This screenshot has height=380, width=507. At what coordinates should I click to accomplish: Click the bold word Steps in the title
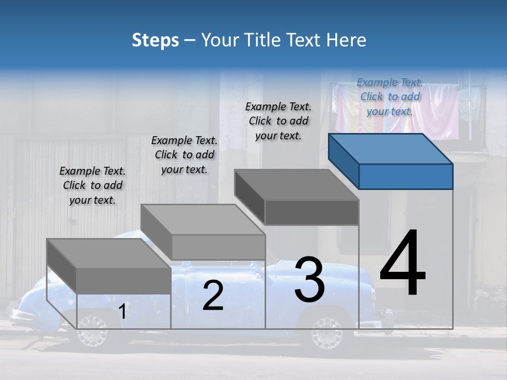pos(155,40)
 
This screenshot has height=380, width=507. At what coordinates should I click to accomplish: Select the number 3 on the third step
pos(309,280)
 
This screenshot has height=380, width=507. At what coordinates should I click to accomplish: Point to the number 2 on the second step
pos(213,296)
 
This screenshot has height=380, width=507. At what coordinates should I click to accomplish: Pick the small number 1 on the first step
pos(123,311)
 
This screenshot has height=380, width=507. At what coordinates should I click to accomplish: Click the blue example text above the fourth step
pos(390,97)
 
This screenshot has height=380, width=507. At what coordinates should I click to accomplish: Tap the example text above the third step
pos(278,121)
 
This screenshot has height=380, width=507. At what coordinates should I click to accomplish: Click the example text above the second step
pos(184,155)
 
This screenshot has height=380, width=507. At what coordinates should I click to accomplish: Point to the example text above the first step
pos(92,185)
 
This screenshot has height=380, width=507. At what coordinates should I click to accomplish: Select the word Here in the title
pos(349,40)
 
